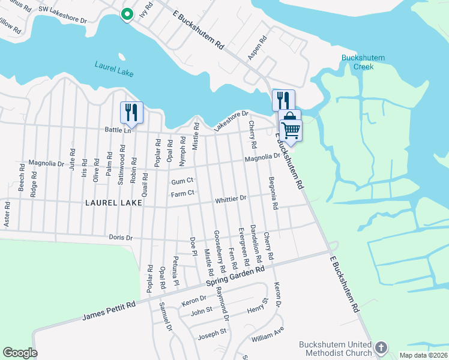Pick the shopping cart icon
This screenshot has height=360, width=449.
291,129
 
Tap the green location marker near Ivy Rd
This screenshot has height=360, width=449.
127,14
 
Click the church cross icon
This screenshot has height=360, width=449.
381,347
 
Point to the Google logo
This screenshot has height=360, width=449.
19,353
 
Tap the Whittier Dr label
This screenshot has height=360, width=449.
231,198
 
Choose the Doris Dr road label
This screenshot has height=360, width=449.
121,238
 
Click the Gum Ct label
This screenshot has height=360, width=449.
182,181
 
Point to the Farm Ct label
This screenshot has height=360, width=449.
182,193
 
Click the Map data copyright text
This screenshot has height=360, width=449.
423,355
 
